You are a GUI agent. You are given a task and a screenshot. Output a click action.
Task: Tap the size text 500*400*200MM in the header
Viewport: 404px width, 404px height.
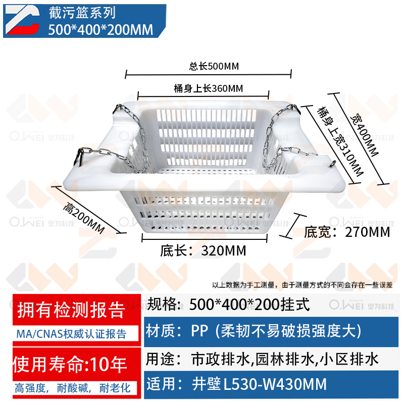[100, 30]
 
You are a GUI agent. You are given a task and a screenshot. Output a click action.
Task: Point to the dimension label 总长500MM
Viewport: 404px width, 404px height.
[207, 66]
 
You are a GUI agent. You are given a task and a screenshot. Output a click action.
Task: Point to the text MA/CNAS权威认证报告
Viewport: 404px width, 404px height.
[71, 334]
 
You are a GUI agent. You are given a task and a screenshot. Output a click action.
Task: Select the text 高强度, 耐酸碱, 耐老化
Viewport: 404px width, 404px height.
[72, 388]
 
